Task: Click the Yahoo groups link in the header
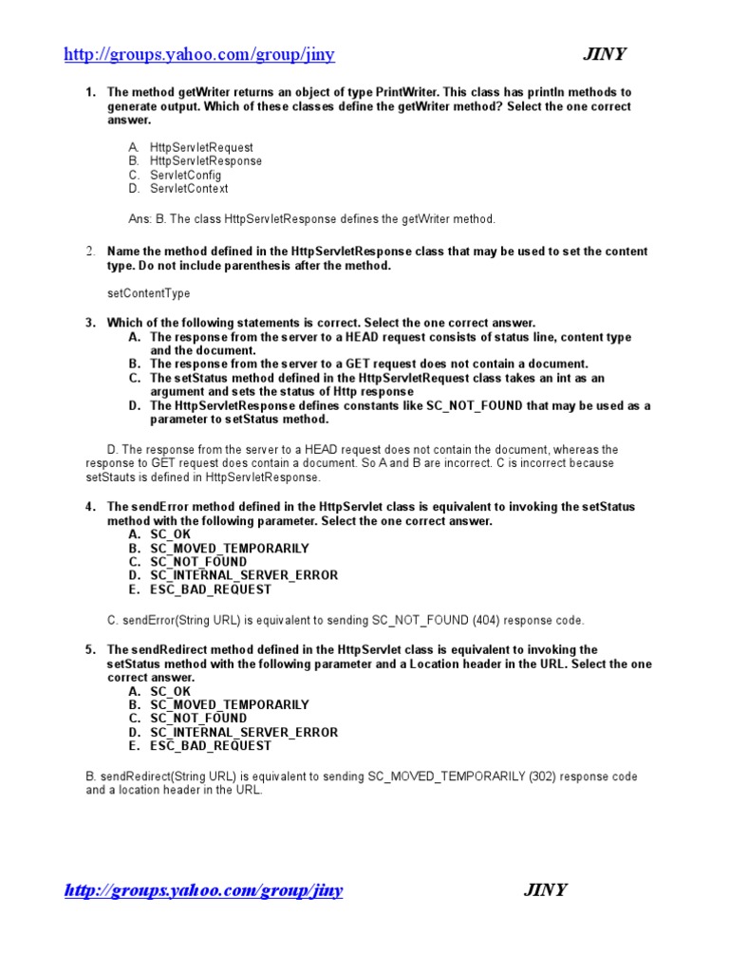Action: [198, 54]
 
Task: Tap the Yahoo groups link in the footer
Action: [203, 890]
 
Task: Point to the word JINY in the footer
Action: [545, 890]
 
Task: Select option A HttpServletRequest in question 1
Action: [201, 148]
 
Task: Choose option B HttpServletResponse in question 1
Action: [206, 161]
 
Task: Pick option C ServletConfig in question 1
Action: [185, 176]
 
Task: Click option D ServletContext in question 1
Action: [189, 189]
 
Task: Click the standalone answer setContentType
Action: [148, 294]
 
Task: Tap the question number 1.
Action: [90, 93]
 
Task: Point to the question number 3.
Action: [90, 324]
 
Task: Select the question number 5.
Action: [90, 650]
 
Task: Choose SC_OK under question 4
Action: [170, 535]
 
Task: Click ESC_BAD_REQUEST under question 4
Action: [210, 589]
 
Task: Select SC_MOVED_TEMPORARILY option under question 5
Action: [229, 705]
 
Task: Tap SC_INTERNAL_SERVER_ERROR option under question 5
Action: [243, 733]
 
